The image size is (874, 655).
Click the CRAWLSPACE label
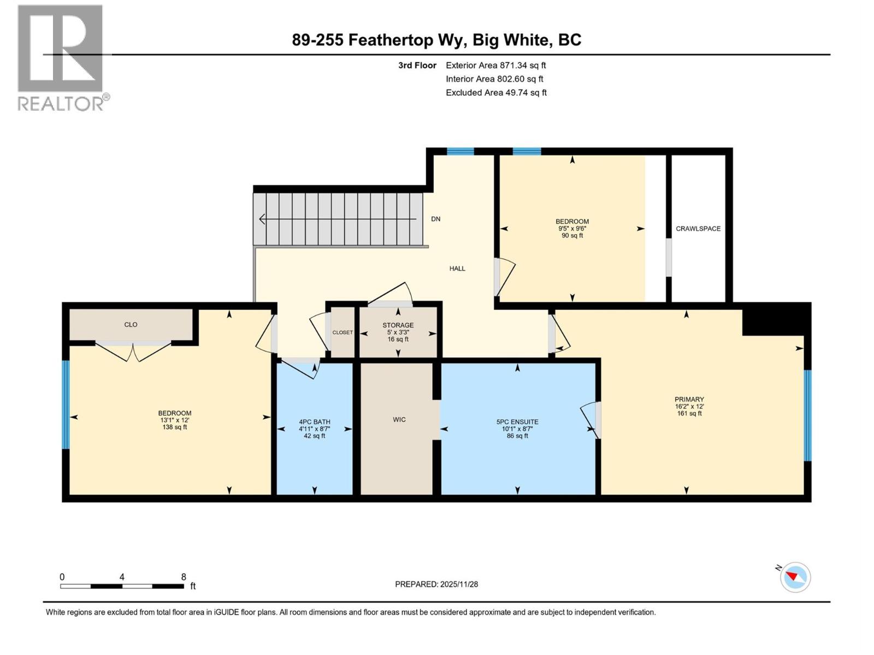click(x=698, y=229)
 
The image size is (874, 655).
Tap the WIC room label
click(x=399, y=420)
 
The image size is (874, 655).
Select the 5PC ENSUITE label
click(x=517, y=422)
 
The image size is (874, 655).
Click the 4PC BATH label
click(x=314, y=422)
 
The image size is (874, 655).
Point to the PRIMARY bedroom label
click(x=689, y=400)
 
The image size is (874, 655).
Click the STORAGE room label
click(x=398, y=325)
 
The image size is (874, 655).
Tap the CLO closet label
click(x=131, y=325)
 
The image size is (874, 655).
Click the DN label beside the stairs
click(x=435, y=219)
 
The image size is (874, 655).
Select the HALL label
click(x=457, y=269)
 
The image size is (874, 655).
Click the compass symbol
click(x=795, y=577)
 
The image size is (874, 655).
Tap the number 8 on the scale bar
click(x=184, y=577)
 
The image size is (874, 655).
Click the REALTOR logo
click(x=61, y=57)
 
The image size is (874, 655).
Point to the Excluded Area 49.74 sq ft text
click(x=496, y=93)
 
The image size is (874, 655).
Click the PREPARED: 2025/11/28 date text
click(x=436, y=584)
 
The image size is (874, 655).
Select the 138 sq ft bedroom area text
click(x=174, y=427)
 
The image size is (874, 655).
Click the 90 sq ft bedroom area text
click(x=572, y=236)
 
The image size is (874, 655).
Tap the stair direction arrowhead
click(x=263, y=219)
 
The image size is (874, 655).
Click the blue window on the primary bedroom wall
click(x=807, y=415)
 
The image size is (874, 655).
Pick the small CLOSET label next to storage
click(x=342, y=332)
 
